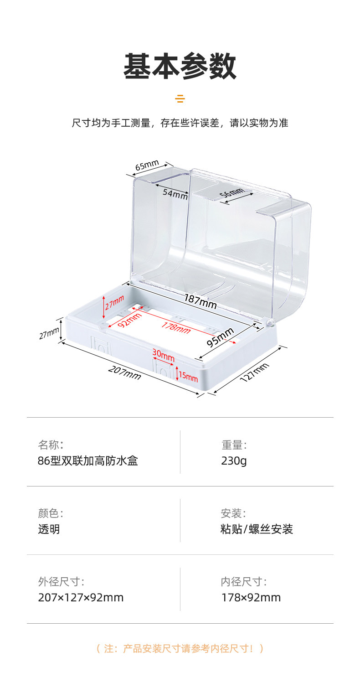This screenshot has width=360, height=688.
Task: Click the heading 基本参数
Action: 180,67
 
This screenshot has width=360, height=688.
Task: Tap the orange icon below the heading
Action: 180,98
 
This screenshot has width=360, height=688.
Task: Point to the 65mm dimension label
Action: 147,165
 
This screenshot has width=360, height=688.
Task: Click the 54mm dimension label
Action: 175,194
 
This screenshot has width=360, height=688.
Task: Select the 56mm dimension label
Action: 232,193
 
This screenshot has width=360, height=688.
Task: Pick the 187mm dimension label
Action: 200,301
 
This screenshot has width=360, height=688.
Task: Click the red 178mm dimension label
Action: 175,327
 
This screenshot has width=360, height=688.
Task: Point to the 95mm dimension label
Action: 221,337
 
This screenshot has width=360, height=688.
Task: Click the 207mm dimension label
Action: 124,372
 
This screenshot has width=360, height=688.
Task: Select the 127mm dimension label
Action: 254,373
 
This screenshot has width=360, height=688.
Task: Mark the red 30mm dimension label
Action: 163,355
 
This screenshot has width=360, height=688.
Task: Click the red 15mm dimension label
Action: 189,377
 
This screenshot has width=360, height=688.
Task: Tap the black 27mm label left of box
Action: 49,334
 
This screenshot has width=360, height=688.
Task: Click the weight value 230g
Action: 234,460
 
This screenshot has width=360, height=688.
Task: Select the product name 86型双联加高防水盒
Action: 87,460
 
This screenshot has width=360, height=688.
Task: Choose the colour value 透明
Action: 49,529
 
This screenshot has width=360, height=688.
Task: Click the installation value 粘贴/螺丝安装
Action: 257,529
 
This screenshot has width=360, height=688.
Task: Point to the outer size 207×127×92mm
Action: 81,597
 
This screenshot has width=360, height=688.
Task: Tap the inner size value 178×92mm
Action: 251,597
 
